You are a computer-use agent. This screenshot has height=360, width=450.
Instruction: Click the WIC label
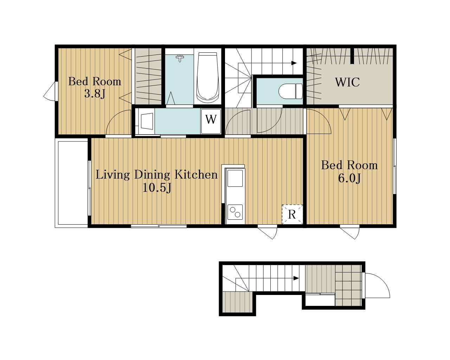click(347, 82)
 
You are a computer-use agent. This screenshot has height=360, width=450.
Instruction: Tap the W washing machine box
click(211, 121)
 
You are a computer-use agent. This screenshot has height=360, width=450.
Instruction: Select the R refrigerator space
click(292, 214)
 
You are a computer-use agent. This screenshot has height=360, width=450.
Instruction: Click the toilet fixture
click(290, 91)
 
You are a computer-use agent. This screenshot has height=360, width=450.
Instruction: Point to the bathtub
click(207, 77)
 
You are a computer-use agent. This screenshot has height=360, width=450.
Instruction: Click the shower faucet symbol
click(180, 58)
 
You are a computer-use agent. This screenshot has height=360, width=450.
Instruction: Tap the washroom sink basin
click(147, 121)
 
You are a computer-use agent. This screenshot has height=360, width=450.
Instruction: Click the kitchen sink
click(235, 178)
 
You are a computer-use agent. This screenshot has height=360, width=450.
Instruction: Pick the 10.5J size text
click(157, 188)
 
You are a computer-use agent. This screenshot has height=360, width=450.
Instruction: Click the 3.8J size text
click(95, 94)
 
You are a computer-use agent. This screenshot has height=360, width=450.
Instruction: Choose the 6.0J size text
click(349, 179)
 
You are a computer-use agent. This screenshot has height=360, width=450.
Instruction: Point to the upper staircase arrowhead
click(294, 63)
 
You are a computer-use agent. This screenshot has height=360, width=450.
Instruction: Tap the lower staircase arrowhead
click(296, 278)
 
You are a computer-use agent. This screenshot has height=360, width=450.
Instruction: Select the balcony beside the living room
click(71, 183)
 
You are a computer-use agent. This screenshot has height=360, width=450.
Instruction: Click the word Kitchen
click(196, 174)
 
